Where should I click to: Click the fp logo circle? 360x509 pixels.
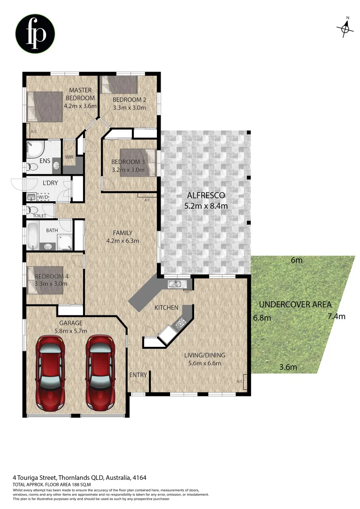35,33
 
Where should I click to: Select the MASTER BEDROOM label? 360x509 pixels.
80,93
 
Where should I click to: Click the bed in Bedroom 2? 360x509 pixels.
119,84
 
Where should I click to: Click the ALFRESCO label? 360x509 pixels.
206,195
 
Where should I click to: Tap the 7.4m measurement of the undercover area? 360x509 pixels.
336,316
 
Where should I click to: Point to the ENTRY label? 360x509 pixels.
138,375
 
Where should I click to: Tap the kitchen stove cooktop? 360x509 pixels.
180,323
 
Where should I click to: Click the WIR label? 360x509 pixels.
69,157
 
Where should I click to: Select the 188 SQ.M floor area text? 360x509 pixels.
76,484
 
